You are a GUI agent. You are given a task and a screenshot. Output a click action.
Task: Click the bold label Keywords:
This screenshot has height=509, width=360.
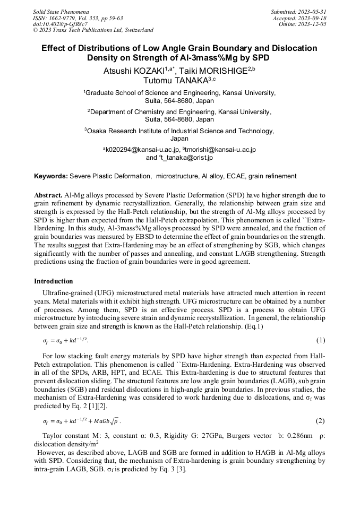[x=51, y=176]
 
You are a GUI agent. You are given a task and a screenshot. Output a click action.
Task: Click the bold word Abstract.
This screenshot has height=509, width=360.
[x=48, y=195]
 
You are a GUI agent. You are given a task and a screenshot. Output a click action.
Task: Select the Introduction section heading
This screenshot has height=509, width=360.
[x=54, y=281]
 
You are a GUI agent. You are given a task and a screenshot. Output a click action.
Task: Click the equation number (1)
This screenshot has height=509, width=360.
[x=320, y=340]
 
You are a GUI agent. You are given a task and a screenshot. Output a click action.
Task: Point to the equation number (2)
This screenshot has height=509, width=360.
[x=320, y=421]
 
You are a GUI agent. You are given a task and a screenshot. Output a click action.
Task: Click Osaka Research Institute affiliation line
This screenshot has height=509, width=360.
[x=179, y=131]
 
